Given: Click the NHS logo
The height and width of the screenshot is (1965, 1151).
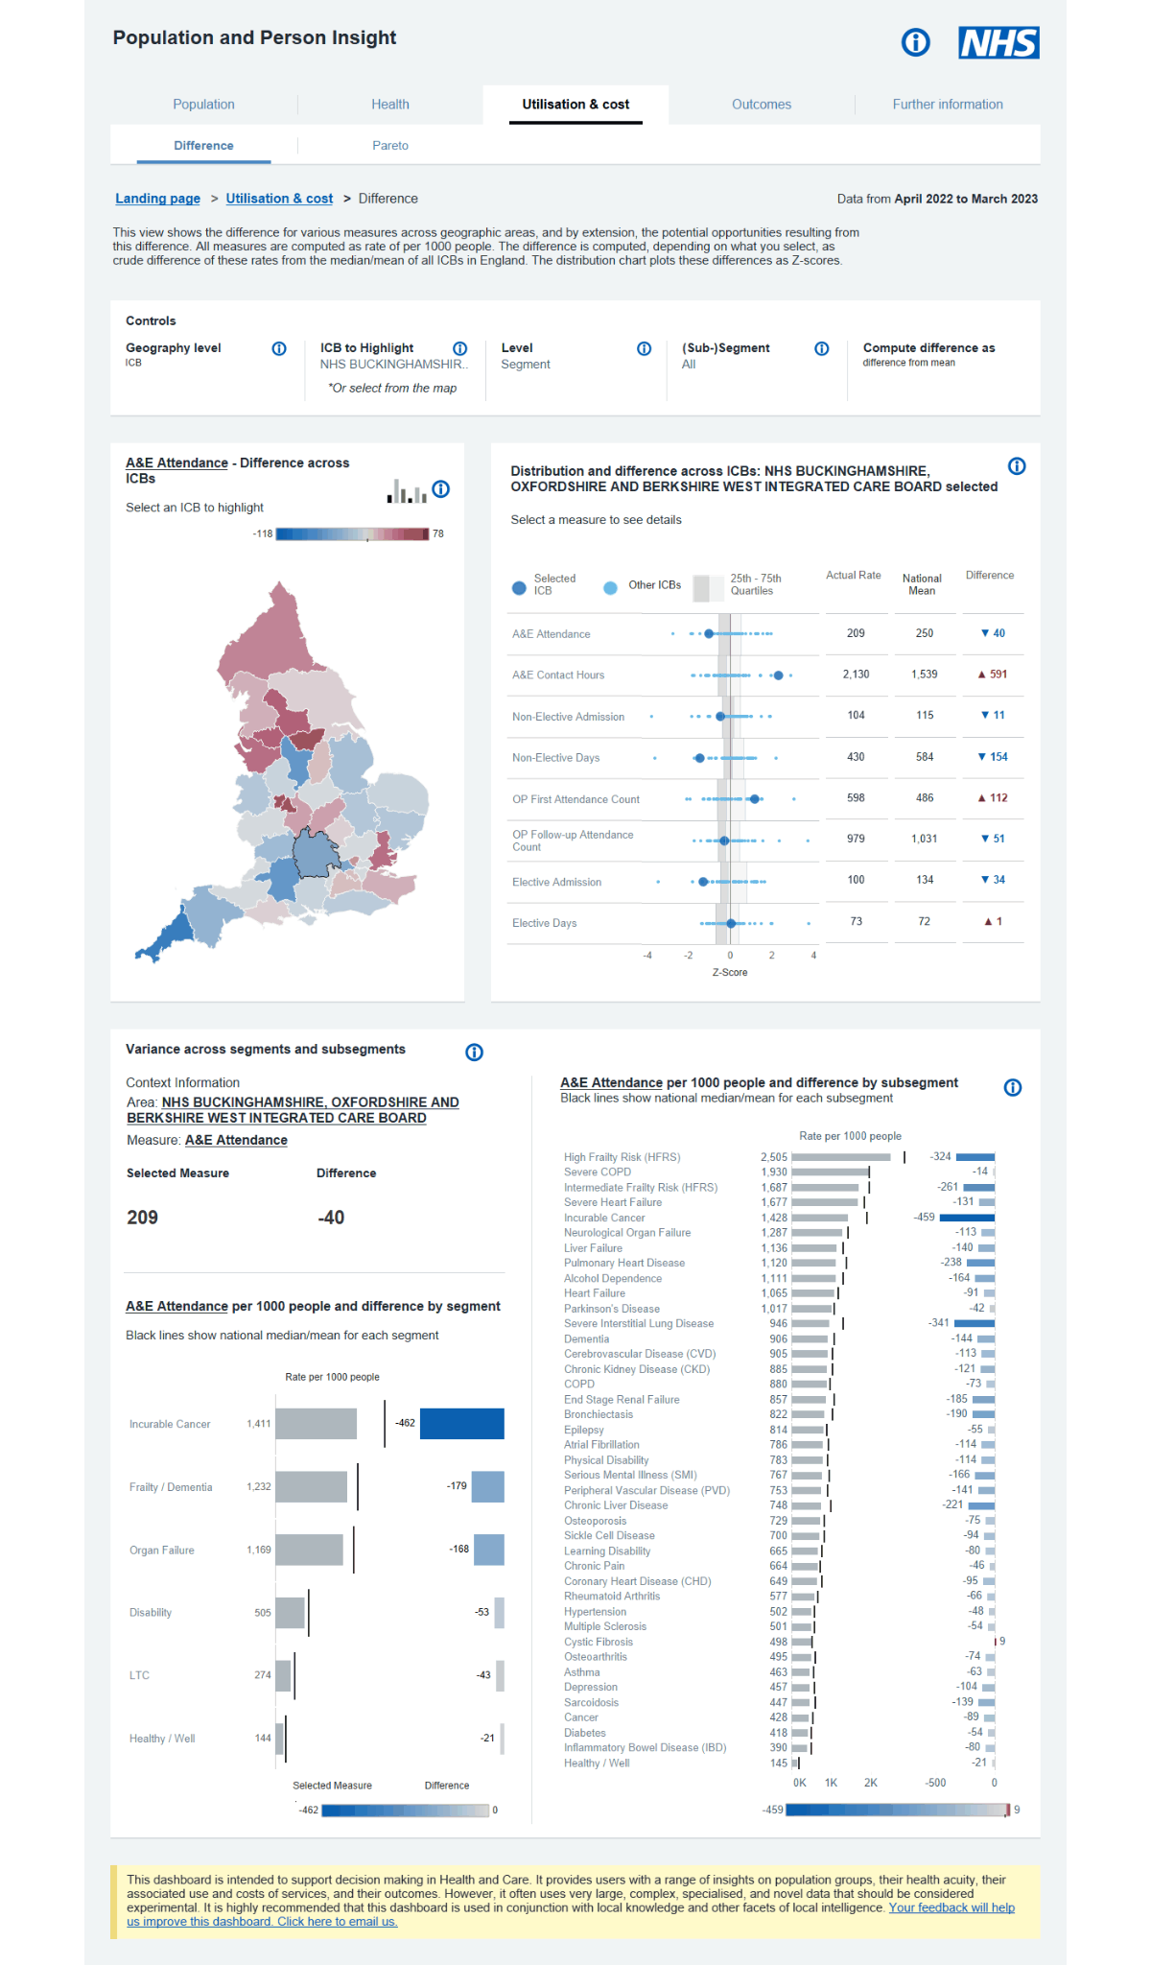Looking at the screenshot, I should (x=998, y=42).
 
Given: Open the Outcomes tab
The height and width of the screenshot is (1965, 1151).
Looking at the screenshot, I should (x=762, y=105).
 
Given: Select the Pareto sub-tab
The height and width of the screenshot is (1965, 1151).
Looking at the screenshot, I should (x=390, y=146).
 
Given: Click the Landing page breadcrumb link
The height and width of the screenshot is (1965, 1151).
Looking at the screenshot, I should (x=157, y=199).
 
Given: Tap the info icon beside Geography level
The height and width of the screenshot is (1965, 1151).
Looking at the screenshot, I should (x=279, y=348).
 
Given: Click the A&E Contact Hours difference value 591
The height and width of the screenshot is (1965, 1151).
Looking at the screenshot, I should (x=998, y=675).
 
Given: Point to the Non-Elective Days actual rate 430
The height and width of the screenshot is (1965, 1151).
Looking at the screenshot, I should (x=856, y=757).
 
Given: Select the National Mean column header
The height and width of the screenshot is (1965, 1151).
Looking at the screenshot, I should (x=922, y=584).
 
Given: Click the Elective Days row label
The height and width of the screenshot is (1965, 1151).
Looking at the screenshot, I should (x=545, y=923).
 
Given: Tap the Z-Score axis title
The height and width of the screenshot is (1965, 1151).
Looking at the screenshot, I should (x=729, y=972).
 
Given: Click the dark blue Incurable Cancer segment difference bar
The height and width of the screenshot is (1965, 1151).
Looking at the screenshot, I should (x=461, y=1424).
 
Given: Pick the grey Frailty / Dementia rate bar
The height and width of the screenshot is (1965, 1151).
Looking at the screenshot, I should (x=312, y=1487).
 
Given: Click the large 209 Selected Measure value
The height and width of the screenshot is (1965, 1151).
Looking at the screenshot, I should (x=143, y=1218).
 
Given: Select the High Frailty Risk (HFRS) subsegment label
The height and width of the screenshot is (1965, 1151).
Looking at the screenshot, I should (x=622, y=1157).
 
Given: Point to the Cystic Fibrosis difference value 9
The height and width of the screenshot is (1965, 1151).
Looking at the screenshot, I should (x=1002, y=1642).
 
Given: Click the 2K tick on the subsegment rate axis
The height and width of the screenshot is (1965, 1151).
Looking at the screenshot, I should (x=870, y=1783).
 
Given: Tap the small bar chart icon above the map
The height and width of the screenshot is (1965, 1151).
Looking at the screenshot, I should (x=407, y=491).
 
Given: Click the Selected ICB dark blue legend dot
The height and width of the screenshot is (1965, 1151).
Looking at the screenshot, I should (x=519, y=587).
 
